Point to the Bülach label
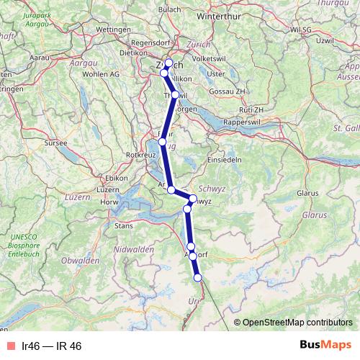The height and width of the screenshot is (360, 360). pos(168,9)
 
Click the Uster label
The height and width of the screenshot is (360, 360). pos(215,73)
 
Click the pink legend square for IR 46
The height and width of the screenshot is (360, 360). pos(10,346)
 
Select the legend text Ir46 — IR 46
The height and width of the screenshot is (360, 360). pos(52,346)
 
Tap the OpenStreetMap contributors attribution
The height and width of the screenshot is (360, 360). pos(296,322)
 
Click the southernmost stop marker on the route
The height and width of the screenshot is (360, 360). pos(198,278)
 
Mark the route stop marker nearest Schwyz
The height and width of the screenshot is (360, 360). pos(192,198)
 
